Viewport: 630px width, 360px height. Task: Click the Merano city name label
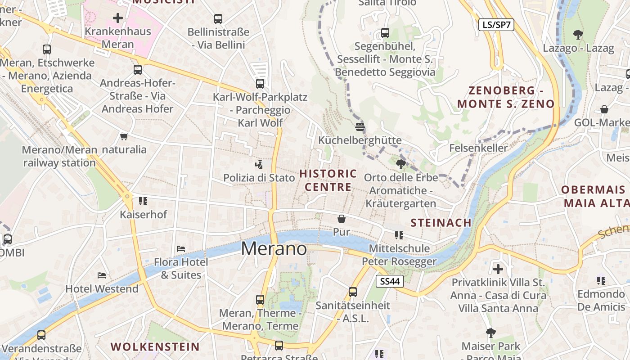click(x=274, y=249)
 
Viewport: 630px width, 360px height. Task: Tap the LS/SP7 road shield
click(x=496, y=25)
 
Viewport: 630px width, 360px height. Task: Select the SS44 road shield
click(x=390, y=282)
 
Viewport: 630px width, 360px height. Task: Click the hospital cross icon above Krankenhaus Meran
click(x=118, y=18)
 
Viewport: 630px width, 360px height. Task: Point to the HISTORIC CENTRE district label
click(x=328, y=180)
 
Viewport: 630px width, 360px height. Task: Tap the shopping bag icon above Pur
click(x=342, y=219)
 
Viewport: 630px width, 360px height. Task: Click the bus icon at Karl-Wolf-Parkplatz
click(x=260, y=83)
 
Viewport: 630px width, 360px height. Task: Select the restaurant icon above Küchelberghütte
click(x=360, y=126)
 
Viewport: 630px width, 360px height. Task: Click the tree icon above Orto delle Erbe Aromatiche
click(x=400, y=164)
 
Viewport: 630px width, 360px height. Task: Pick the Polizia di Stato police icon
click(x=259, y=164)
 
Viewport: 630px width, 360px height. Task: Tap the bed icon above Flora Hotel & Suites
click(x=181, y=248)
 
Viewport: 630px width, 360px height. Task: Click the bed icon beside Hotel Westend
click(x=102, y=275)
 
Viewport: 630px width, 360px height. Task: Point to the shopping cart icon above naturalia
click(x=124, y=136)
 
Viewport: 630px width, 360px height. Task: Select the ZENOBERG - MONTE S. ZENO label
click(x=506, y=97)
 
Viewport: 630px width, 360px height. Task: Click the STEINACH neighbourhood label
click(x=441, y=223)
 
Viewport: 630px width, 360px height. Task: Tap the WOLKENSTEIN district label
click(x=155, y=347)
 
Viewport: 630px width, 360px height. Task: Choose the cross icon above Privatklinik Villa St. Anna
click(x=498, y=269)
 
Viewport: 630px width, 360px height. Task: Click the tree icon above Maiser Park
click(x=490, y=333)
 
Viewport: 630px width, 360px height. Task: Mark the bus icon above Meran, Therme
click(x=260, y=299)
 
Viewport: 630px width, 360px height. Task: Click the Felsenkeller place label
click(x=478, y=148)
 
